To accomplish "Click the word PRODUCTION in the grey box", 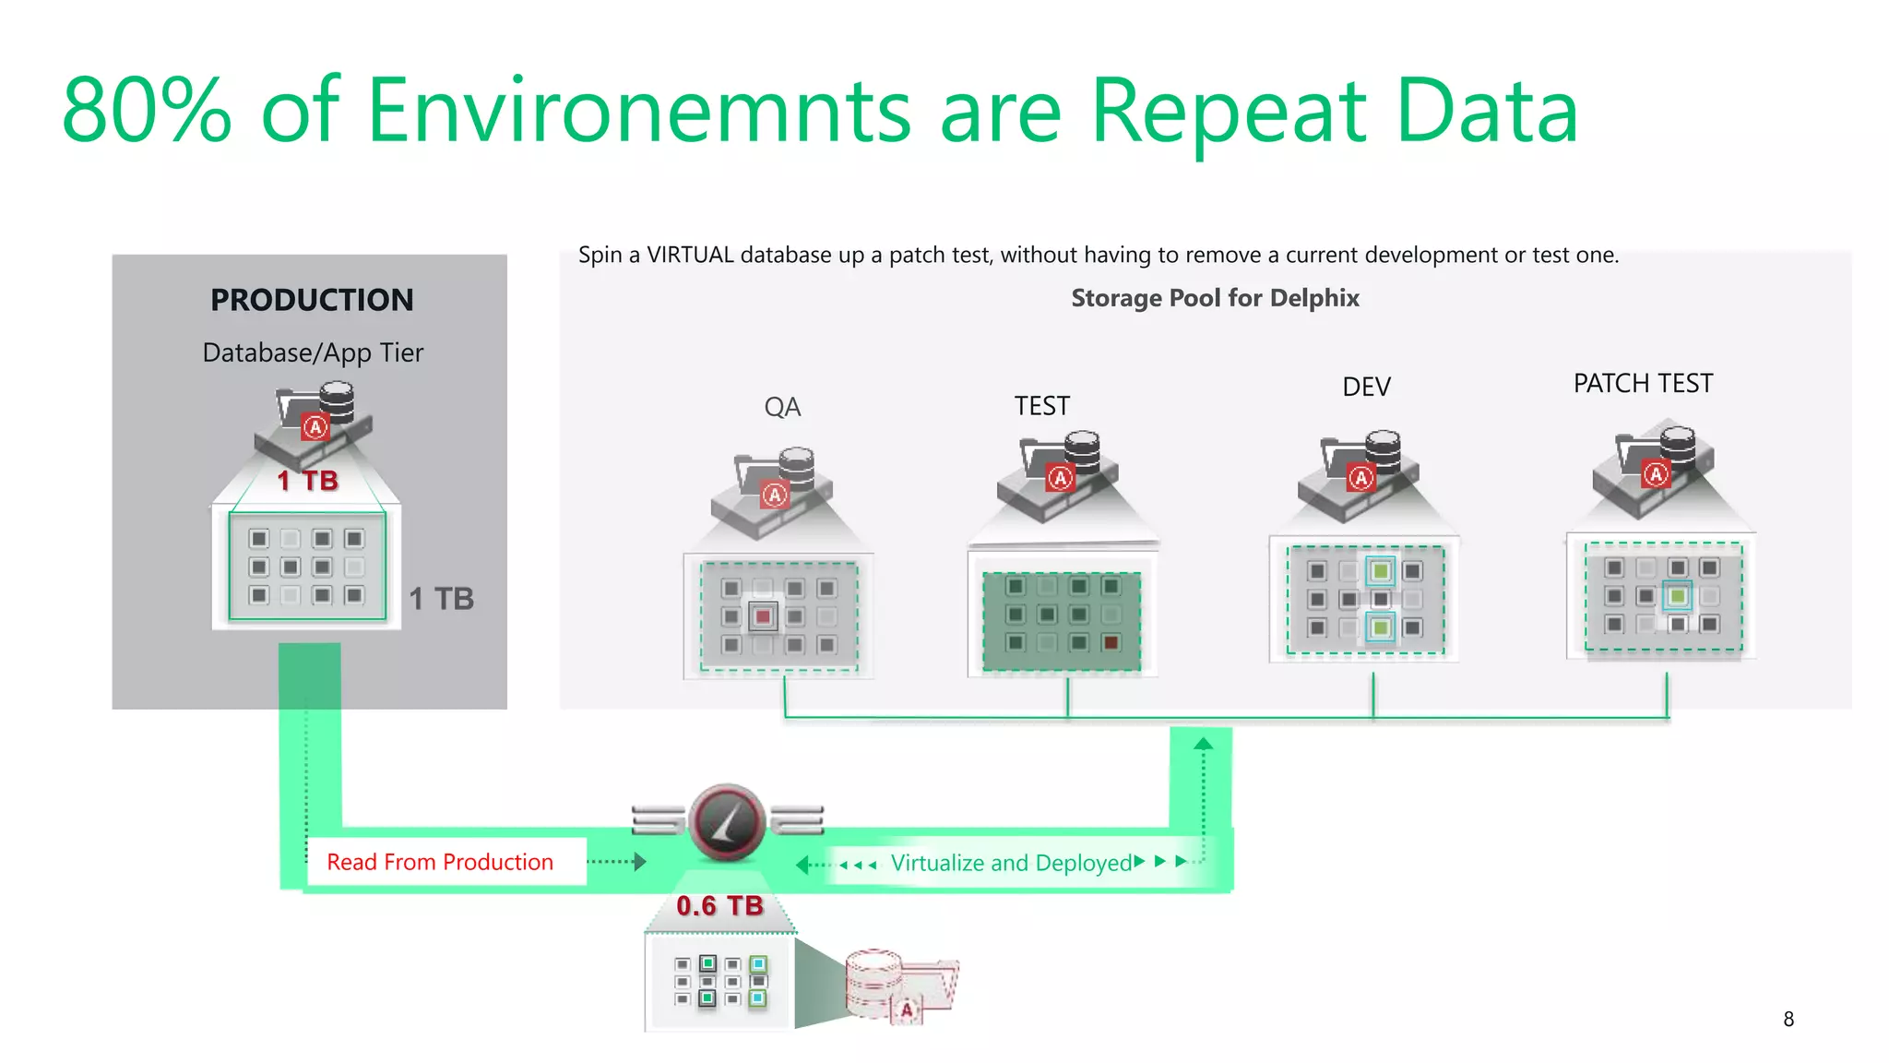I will pyautogui.click(x=312, y=300).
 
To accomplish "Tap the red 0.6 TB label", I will pyautogui.click(x=719, y=906).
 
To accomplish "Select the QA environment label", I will pyautogui.click(x=782, y=407).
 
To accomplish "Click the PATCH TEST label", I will pyautogui.click(x=1643, y=383).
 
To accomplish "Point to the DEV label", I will pyautogui.click(x=1366, y=387).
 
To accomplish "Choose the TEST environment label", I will pyautogui.click(x=1042, y=406).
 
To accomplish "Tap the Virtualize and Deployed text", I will pyautogui.click(x=1011, y=863).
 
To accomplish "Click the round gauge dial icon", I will pyautogui.click(x=727, y=821).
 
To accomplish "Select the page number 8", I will pyautogui.click(x=1788, y=1019).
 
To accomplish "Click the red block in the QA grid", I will pyautogui.click(x=763, y=616).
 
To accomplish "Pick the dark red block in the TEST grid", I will pyautogui.click(x=1111, y=643).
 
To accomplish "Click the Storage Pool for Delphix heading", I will pyautogui.click(x=1215, y=298).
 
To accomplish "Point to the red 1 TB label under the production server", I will pyautogui.click(x=308, y=481).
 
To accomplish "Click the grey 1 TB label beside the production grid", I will pyautogui.click(x=441, y=599).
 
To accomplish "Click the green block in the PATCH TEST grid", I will pyautogui.click(x=1678, y=596).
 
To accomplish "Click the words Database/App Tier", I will pyautogui.click(x=313, y=352).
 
